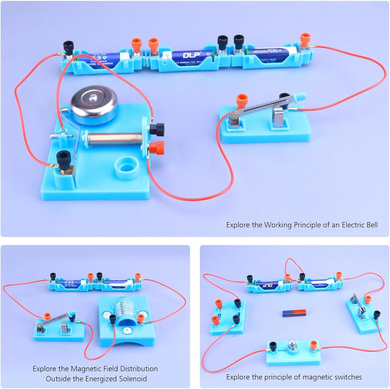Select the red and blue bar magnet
294,313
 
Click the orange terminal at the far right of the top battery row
305,39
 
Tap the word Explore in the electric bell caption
239,225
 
